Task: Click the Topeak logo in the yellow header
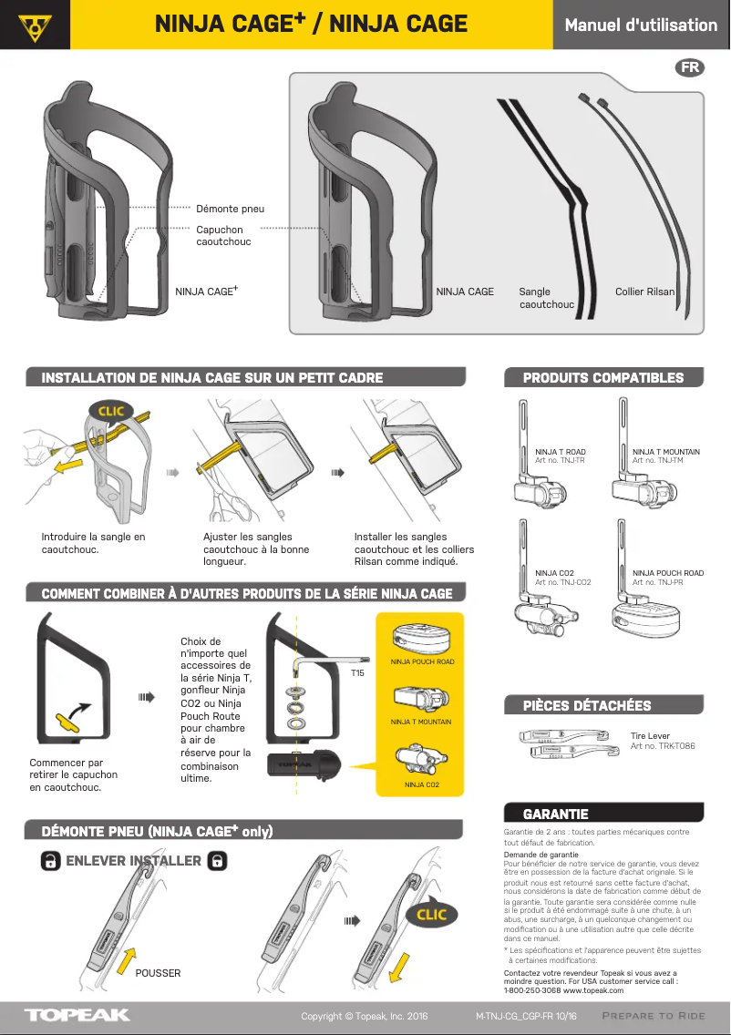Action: tap(36, 26)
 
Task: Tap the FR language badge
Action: tap(690, 68)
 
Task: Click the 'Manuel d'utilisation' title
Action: tap(641, 25)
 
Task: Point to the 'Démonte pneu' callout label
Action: tap(230, 209)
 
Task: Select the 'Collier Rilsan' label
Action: tap(644, 292)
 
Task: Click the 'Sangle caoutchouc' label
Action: tap(546, 298)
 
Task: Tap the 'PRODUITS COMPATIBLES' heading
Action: tap(602, 377)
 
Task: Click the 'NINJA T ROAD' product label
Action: tap(560, 452)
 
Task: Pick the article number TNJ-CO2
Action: tap(562, 582)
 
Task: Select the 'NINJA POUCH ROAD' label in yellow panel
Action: tap(421, 661)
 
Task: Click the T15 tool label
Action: tap(358, 673)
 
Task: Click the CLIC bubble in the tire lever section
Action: tap(431, 914)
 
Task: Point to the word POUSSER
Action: tap(158, 973)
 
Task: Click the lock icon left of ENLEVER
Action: tap(52, 861)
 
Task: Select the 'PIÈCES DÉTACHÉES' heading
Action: tap(586, 705)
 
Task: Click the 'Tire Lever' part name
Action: tap(650, 735)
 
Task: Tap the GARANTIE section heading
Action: tap(555, 814)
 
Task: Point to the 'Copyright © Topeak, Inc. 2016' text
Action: tap(365, 1016)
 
